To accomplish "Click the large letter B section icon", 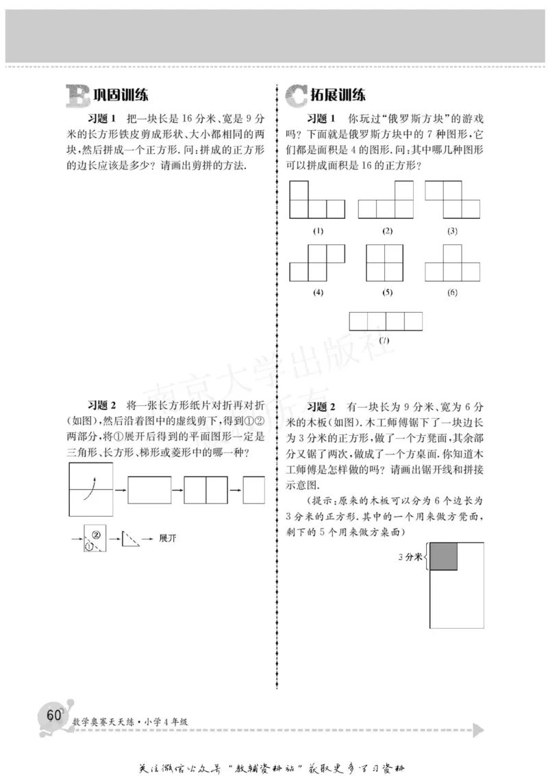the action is (77, 96).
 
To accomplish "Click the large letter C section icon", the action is (295, 96).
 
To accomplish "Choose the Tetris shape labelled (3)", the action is (452, 199).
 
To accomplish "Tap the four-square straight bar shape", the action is (386, 321).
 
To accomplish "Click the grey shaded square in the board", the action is (443, 556).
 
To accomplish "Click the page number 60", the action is (51, 714).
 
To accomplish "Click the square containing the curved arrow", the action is (91, 490).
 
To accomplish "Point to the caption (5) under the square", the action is (388, 292).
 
